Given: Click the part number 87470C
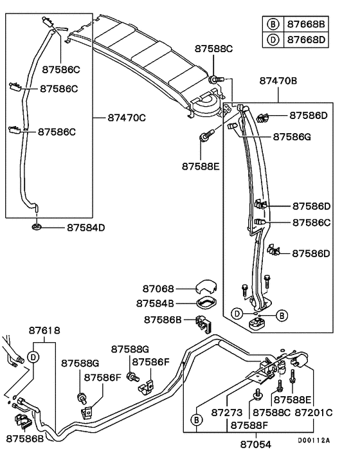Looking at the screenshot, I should (127, 118).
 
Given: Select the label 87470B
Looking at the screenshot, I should (278, 82).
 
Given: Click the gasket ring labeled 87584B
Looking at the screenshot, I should (205, 302).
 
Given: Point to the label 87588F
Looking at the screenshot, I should (250, 425).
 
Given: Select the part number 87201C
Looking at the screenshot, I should (314, 412).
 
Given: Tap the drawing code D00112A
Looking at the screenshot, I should (313, 440).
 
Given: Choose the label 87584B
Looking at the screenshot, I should (156, 303).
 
